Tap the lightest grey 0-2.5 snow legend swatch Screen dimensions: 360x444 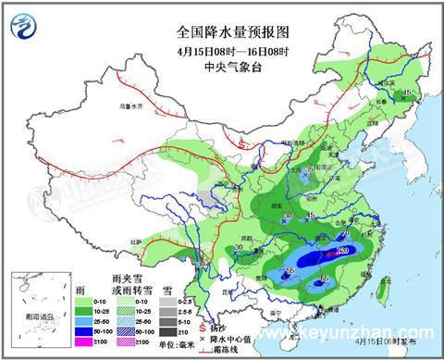[x=164, y=292]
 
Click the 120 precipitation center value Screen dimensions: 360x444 [x=341, y=250]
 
